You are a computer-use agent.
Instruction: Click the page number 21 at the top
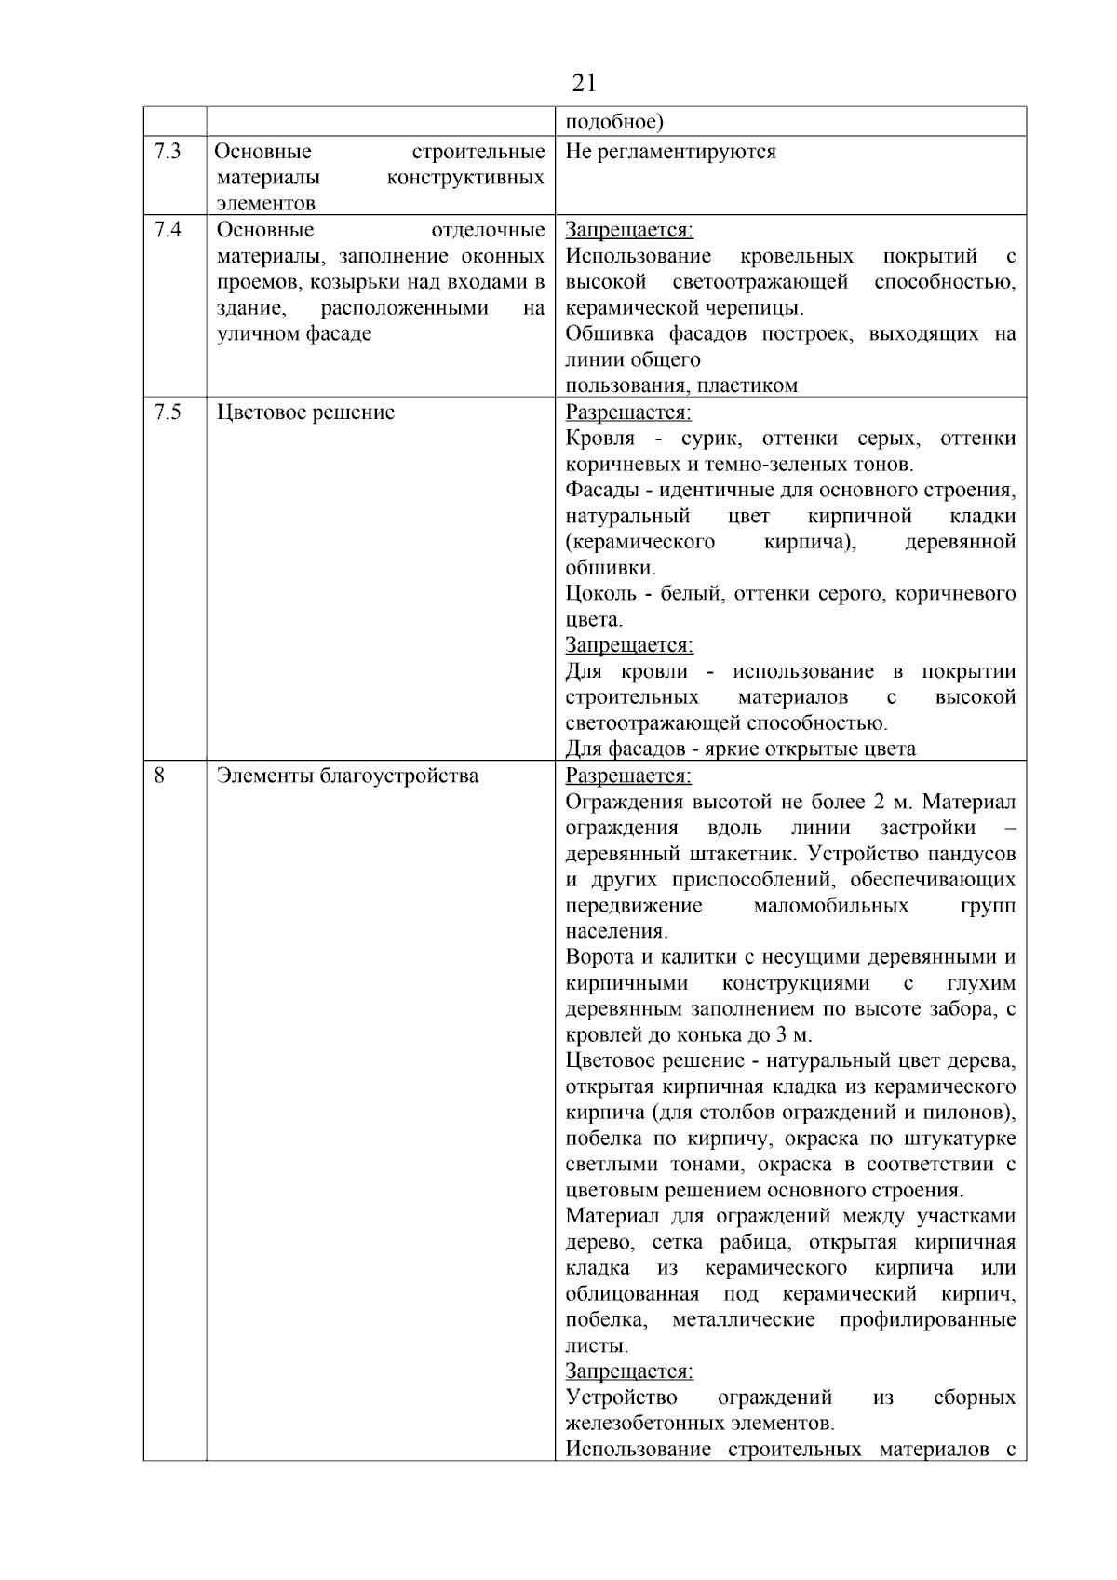(584, 84)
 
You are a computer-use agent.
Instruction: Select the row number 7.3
(168, 152)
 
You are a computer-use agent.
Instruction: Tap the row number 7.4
(168, 230)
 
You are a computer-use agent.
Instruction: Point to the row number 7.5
(168, 412)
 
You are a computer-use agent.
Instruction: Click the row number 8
(159, 775)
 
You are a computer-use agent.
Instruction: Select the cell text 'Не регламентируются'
(670, 152)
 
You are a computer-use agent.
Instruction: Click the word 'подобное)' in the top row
(614, 122)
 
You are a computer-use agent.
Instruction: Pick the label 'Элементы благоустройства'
(347, 775)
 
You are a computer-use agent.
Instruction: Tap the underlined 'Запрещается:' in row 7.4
(629, 230)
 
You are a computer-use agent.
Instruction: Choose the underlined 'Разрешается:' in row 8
(628, 775)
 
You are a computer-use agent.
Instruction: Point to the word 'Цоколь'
(601, 593)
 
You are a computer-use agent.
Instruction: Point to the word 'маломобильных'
(830, 905)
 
